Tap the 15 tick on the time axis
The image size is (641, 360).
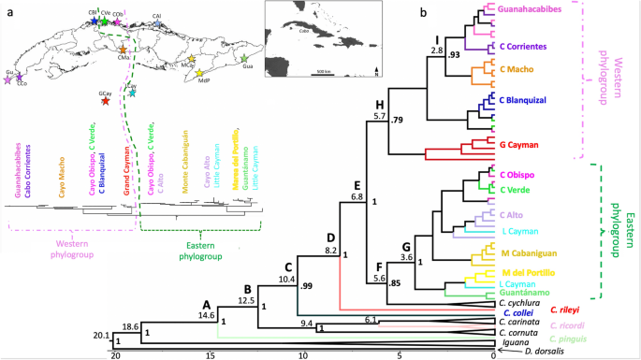point(210,354)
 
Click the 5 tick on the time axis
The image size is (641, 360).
point(398,354)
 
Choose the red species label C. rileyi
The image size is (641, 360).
point(569,309)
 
